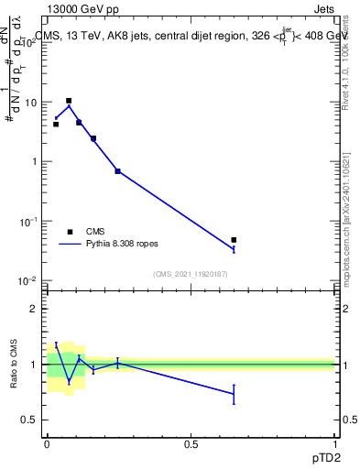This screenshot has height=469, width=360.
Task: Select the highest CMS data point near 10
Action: point(69,101)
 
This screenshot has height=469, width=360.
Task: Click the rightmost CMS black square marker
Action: point(234,240)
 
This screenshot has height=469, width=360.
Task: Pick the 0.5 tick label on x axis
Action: point(191,443)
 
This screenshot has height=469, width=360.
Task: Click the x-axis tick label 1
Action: point(335,443)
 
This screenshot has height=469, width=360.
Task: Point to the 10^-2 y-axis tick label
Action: point(27,280)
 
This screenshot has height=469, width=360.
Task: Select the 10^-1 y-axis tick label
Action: point(27,221)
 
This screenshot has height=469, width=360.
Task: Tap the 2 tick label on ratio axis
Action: point(35,309)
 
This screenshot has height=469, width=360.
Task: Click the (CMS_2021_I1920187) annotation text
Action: point(190,273)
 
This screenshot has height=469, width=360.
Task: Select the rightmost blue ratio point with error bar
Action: point(234,394)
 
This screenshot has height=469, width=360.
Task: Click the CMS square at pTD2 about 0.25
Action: point(117,171)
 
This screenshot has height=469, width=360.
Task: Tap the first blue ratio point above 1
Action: point(57,345)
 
